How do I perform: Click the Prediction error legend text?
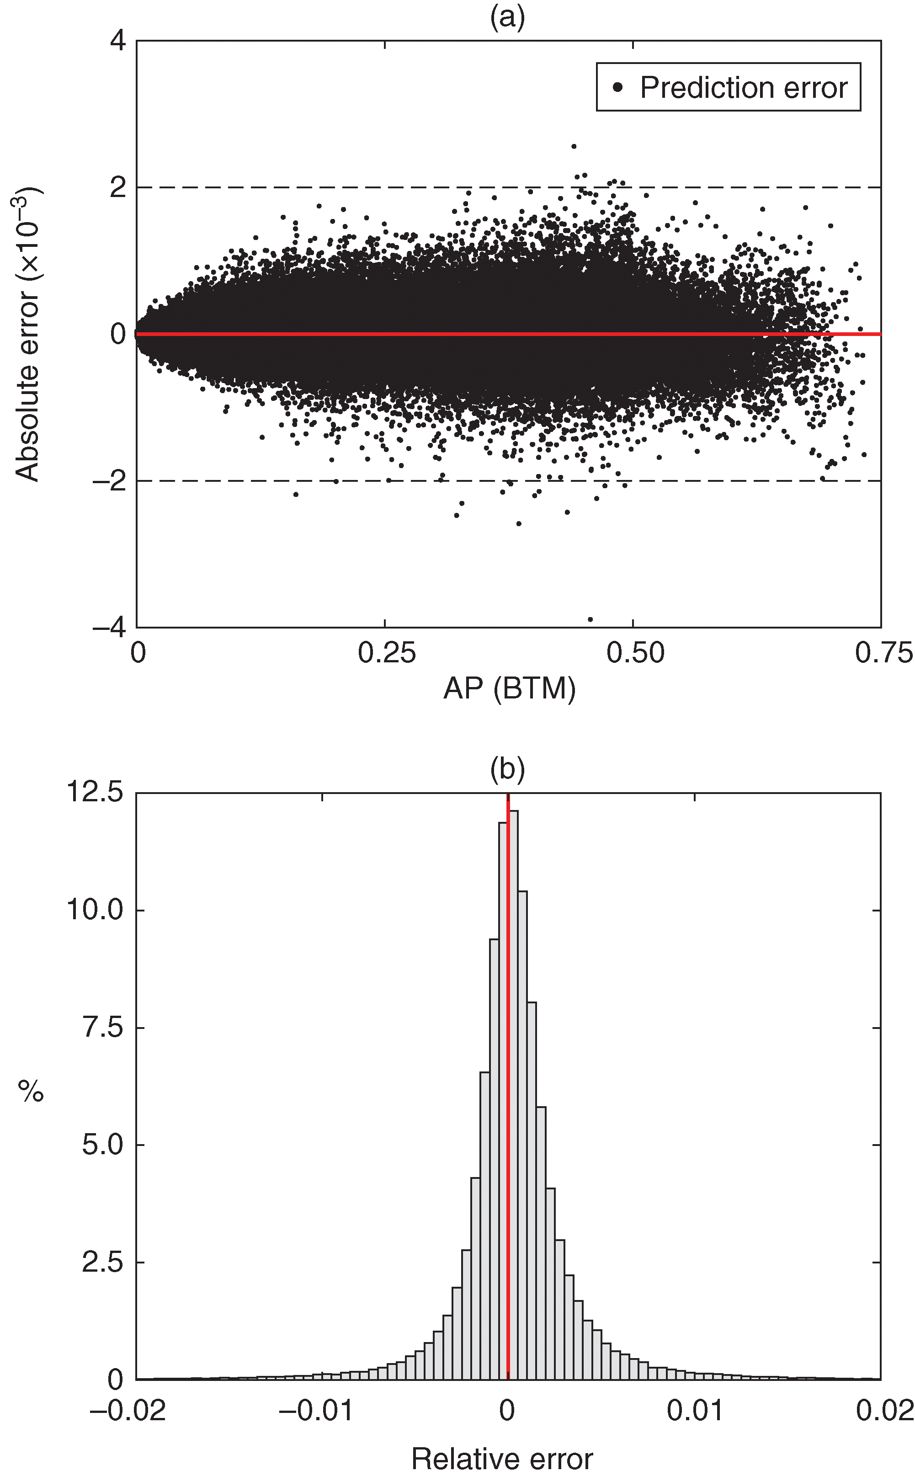743,88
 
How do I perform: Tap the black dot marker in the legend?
617,87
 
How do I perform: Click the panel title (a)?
507,17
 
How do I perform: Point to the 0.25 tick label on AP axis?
386,653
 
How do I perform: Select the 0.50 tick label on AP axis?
635,653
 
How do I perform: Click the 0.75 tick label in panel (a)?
883,653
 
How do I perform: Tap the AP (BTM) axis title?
509,688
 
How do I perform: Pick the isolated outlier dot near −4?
590,619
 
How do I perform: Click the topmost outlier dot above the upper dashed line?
574,146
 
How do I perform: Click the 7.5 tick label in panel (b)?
103,1027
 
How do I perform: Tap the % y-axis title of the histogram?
30,1092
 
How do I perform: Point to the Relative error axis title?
502,1459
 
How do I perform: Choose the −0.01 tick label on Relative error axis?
316,1411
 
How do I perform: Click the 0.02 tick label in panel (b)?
884,1411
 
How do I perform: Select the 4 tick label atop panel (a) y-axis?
118,41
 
